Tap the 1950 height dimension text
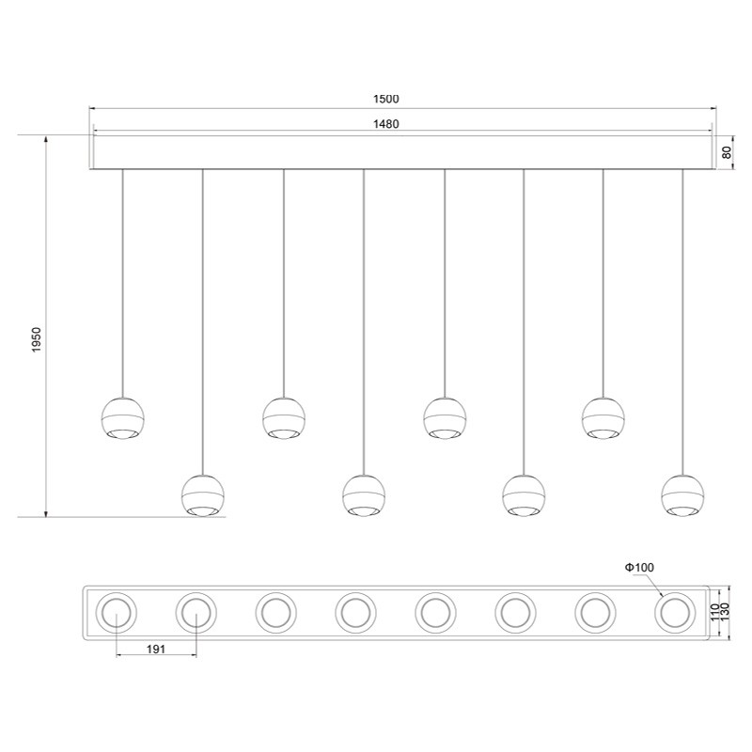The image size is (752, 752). point(36,340)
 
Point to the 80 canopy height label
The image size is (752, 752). point(727,152)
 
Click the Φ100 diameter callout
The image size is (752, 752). point(638,567)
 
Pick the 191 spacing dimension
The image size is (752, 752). point(155,648)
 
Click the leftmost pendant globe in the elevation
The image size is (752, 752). point(123,418)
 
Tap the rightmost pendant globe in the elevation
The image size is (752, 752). point(681,494)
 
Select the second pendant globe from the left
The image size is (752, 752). point(203,494)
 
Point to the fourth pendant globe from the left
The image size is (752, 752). point(364,494)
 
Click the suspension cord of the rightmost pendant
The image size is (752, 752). point(682,320)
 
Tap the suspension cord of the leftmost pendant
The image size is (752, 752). point(123,282)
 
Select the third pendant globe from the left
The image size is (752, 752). point(284,418)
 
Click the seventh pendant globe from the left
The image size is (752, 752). point(603,418)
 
